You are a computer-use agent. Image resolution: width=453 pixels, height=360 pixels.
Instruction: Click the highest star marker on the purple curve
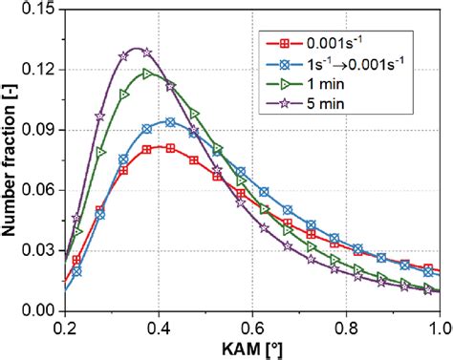coord(145,52)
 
